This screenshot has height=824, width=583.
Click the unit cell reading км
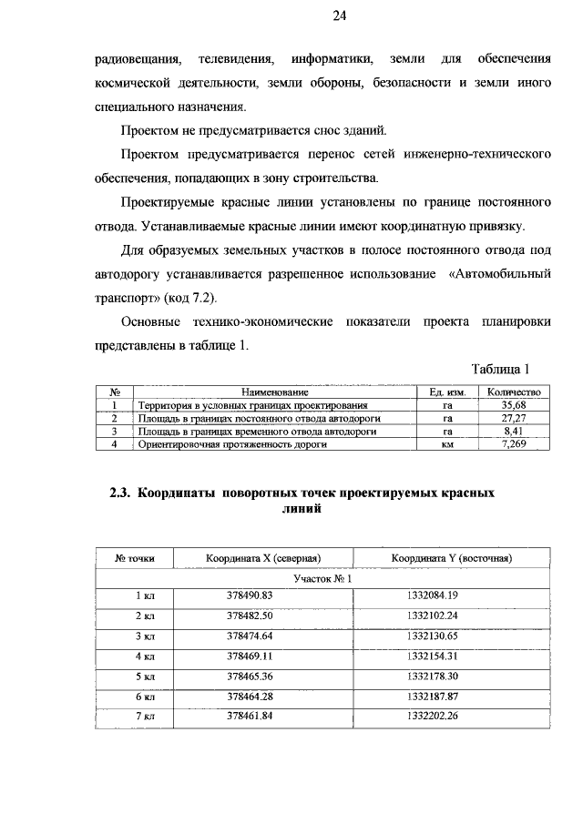tap(447, 445)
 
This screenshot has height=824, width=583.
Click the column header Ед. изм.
tap(447, 392)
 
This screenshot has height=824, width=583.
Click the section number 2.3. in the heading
tap(122, 494)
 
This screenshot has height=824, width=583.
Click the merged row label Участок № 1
tap(322, 578)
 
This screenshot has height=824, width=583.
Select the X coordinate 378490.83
tap(250, 595)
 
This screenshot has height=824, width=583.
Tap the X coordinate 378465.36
tap(250, 676)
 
